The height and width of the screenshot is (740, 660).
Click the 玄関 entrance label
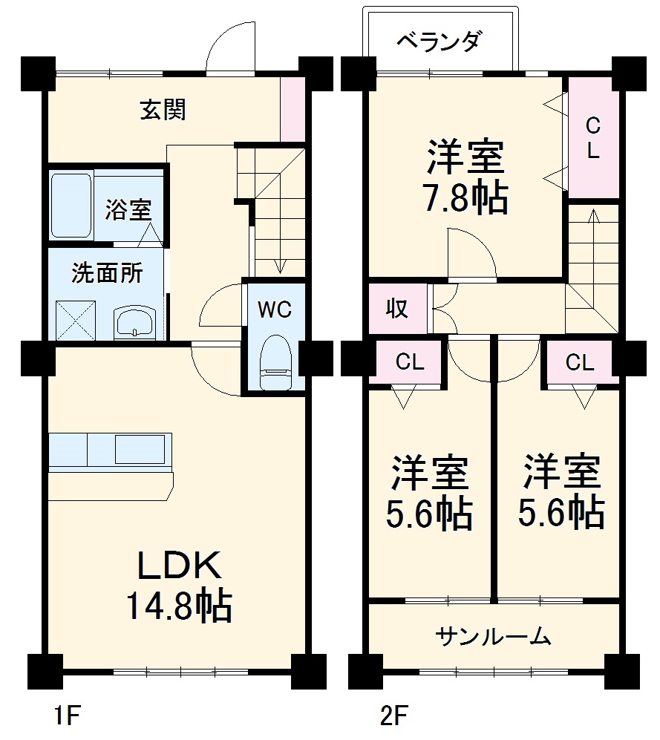pyautogui.click(x=163, y=111)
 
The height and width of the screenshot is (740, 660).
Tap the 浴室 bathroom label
pyautogui.click(x=127, y=210)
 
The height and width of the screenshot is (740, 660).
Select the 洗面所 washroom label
pyautogui.click(x=107, y=273)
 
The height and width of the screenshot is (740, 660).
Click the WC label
pyautogui.click(x=274, y=310)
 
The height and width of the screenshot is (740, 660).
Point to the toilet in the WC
pyautogui.click(x=275, y=361)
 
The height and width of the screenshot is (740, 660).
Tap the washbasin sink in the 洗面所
pyautogui.click(x=134, y=324)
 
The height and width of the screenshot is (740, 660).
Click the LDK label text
pyautogui.click(x=178, y=567)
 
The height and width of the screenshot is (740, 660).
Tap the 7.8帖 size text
pyautogui.click(x=465, y=197)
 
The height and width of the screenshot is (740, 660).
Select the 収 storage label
pyautogui.click(x=398, y=308)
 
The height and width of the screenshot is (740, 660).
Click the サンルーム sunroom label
pyautogui.click(x=494, y=636)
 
